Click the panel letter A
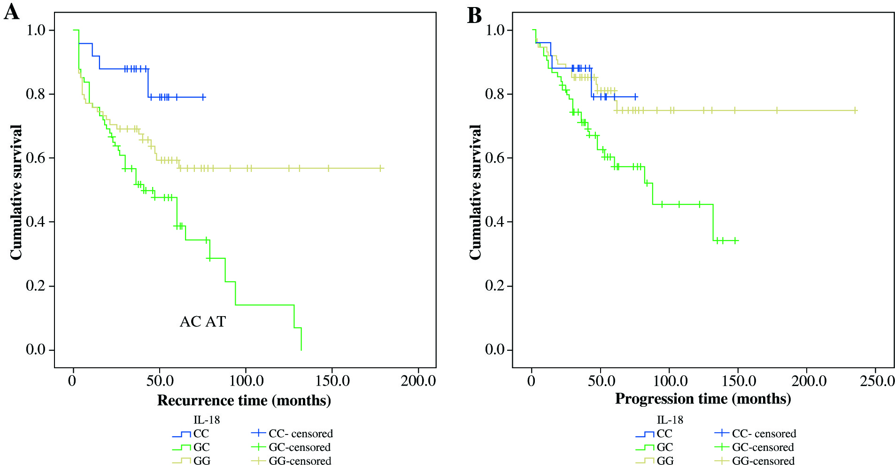(11, 12)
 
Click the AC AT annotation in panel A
(203, 322)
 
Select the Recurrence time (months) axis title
(244, 400)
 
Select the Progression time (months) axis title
(703, 399)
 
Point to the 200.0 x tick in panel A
(418, 380)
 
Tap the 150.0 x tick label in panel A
(332, 380)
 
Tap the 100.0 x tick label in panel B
(670, 380)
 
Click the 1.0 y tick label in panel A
(36, 31)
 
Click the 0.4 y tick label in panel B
(495, 222)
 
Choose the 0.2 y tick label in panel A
(36, 286)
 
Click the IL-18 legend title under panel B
(670, 420)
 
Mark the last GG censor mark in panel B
(855, 111)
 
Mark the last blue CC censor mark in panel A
(203, 97)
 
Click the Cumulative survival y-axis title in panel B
(476, 192)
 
